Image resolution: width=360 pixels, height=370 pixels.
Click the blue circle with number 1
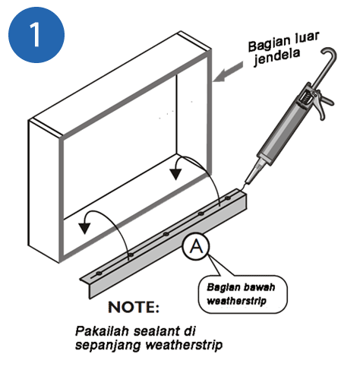[x=36, y=35]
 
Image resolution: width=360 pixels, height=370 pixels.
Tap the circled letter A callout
[x=196, y=246]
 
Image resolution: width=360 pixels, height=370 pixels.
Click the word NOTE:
[x=134, y=307]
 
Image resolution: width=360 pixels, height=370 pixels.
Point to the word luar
[x=307, y=38]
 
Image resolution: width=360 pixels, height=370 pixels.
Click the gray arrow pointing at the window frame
[x=228, y=72]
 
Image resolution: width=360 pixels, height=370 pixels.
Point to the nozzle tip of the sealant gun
[x=247, y=182]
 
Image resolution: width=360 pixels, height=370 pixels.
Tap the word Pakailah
[x=103, y=330]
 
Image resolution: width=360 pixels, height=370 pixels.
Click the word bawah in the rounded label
[x=259, y=287]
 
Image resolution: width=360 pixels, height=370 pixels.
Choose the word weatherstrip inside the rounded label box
[x=236, y=301]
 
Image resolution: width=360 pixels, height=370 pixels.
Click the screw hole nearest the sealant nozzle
[x=228, y=198]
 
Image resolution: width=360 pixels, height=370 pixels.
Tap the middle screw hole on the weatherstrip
[x=166, y=234]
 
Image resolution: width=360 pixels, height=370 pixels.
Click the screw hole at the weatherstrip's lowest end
[x=99, y=273]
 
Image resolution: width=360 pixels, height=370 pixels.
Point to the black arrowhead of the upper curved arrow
[x=175, y=174]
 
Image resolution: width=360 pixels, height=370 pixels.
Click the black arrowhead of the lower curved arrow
[x=84, y=229]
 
